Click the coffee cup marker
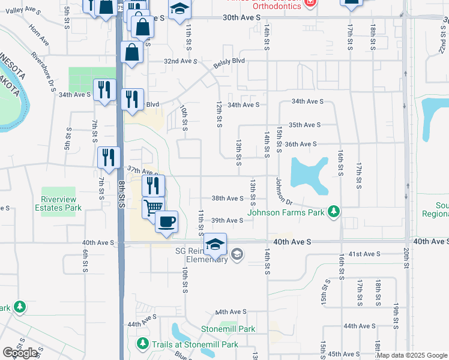click(166, 221)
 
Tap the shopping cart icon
click(153, 207)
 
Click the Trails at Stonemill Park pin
click(143, 344)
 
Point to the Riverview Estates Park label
click(61, 203)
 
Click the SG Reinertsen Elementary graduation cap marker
click(215, 244)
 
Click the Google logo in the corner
click(20, 352)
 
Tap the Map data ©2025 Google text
click(412, 355)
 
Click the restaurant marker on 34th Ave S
click(105, 90)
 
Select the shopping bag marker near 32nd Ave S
click(131, 52)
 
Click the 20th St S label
click(406, 259)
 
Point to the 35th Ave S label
click(305, 125)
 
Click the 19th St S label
click(396, 313)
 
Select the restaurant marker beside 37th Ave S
click(109, 158)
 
